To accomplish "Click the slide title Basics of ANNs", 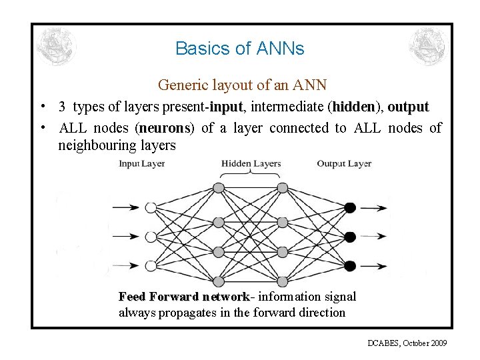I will click(x=239, y=49).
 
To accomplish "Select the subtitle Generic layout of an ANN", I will click(x=242, y=85).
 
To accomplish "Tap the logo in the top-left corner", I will click(x=57, y=47).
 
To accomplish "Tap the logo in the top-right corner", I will click(x=427, y=47).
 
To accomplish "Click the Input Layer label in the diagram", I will click(x=142, y=164).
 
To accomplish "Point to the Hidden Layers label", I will click(x=251, y=163).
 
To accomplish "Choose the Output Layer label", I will click(x=344, y=163).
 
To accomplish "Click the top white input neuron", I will click(x=151, y=207).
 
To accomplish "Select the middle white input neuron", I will click(x=151, y=237).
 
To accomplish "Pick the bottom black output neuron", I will click(x=350, y=265).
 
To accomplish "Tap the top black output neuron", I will click(x=350, y=207).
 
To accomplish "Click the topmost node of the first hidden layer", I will click(x=218, y=188).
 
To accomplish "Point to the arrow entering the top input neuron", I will click(x=125, y=207).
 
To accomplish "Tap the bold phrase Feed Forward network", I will click(x=183, y=297).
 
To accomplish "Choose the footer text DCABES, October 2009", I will click(x=407, y=343).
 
